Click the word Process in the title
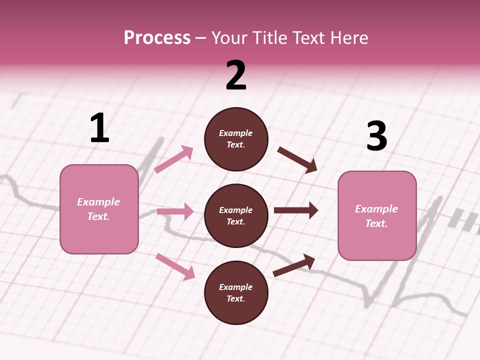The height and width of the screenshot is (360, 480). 157,37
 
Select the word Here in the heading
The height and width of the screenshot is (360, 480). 348,37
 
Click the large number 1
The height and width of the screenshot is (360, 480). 99,128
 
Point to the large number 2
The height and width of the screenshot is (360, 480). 236,75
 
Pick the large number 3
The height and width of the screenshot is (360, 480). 376,136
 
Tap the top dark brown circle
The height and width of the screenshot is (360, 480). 236,139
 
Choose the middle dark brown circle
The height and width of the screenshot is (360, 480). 236,215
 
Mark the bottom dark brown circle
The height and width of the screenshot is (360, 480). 236,292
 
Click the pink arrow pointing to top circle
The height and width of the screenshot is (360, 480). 174,159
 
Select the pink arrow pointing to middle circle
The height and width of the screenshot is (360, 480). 175,211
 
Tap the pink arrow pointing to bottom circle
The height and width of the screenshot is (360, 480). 175,266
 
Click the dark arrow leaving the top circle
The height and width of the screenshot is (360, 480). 297,159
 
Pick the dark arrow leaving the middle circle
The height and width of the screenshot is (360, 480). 296,210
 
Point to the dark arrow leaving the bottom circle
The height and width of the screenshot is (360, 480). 294,265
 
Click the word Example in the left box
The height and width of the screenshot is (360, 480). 98,202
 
